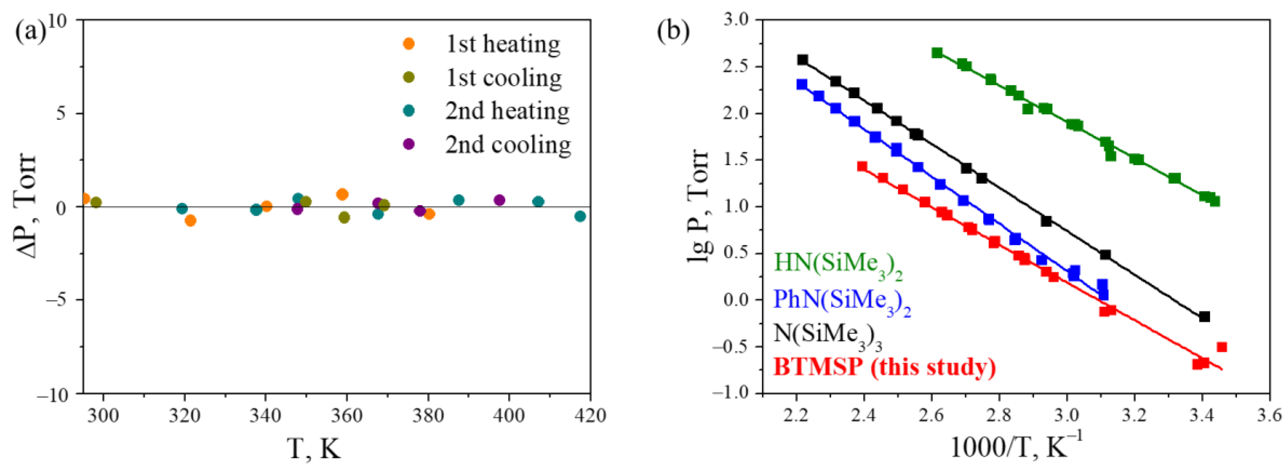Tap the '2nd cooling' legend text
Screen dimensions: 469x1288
click(x=508, y=145)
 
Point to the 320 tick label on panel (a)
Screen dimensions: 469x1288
click(x=184, y=415)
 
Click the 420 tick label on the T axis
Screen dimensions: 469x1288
click(x=590, y=415)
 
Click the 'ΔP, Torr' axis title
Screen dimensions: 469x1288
click(x=25, y=206)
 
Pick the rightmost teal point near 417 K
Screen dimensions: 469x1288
click(x=580, y=216)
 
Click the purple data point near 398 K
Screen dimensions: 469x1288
click(x=499, y=200)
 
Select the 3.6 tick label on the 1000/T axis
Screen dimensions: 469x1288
click(x=1270, y=415)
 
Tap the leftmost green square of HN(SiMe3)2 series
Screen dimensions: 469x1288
click(x=937, y=53)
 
